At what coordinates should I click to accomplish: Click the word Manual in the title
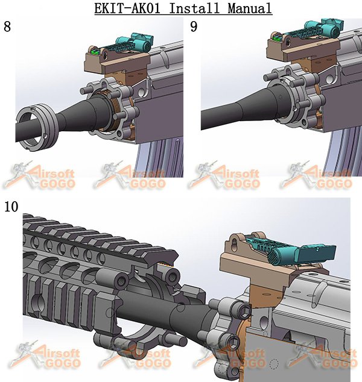pyautogui.click(x=250, y=8)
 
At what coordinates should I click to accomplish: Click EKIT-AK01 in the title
pyautogui.click(x=127, y=8)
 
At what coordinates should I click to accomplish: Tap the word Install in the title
pyautogui.click(x=194, y=8)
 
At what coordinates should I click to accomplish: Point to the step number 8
pyautogui.click(x=7, y=27)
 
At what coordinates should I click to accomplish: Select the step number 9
pyautogui.click(x=194, y=27)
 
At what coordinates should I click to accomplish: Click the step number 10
pyautogui.click(x=11, y=207)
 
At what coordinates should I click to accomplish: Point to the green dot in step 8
pyautogui.click(x=94, y=52)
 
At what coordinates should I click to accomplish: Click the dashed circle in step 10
pyautogui.click(x=274, y=364)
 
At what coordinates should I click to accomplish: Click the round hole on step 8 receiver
pyautogui.click(x=141, y=93)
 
